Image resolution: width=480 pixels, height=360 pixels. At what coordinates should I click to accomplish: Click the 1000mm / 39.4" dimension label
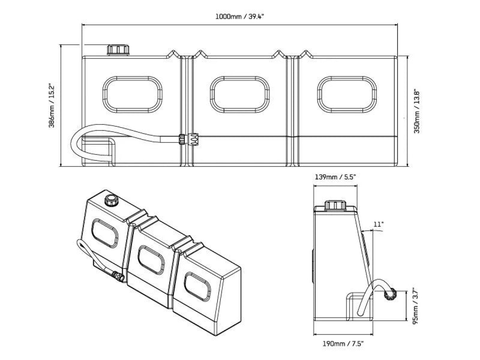tap(240, 16)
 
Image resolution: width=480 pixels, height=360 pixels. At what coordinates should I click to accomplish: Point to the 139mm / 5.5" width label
tap(336, 177)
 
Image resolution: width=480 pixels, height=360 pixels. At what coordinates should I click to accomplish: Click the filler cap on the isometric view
tap(110, 199)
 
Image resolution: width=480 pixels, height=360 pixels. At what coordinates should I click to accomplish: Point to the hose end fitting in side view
tap(389, 294)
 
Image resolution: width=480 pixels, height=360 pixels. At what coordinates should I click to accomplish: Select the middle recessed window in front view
tap(238, 95)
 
